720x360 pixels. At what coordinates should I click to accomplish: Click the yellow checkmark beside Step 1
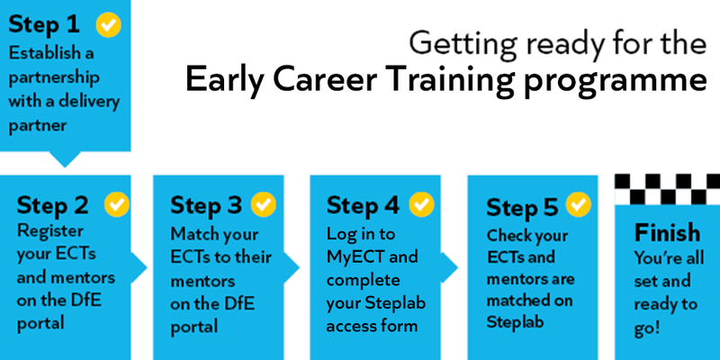[108, 25]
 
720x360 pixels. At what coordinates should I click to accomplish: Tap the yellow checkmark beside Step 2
[118, 203]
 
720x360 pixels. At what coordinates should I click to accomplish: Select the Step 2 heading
[54, 204]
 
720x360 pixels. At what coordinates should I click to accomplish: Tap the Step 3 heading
[209, 205]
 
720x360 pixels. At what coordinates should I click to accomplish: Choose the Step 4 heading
[364, 205]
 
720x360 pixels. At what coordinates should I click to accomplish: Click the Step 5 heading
[521, 207]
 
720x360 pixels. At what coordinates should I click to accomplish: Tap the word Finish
[665, 231]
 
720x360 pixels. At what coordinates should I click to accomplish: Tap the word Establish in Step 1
[44, 53]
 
